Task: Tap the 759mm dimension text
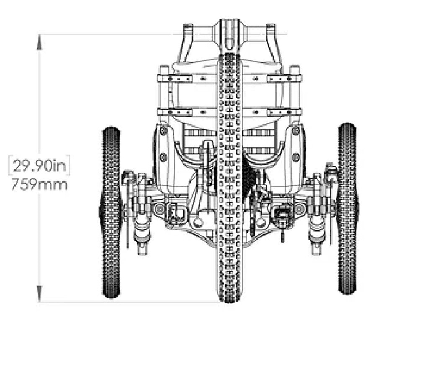[x=39, y=184]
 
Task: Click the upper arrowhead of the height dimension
[x=39, y=42]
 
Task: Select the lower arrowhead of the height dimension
[x=39, y=293]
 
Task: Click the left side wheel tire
[x=111, y=212]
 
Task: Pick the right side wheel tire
[x=347, y=209]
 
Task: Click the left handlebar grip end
[x=188, y=27]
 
